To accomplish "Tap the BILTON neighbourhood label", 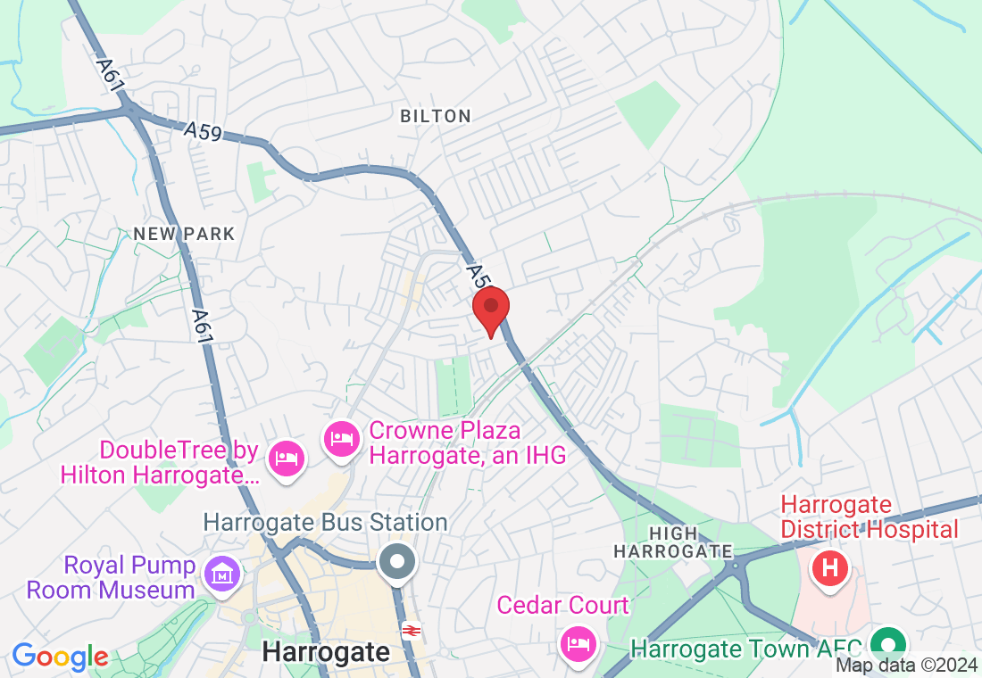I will (436, 116).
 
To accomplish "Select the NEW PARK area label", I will (184, 235).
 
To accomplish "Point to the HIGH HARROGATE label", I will (673, 542).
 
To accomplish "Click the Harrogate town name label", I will (326, 652).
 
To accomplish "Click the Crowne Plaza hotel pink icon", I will (341, 440).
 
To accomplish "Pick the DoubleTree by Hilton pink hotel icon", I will (286, 458).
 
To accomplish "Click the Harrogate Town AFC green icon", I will (888, 643).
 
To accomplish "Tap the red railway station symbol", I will (412, 630).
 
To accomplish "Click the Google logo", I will (60, 657).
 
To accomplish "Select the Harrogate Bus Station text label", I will (325, 522).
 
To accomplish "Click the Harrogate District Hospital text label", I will (870, 517).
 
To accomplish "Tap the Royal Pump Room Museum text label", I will (112, 577).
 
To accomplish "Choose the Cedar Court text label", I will (562, 607).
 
